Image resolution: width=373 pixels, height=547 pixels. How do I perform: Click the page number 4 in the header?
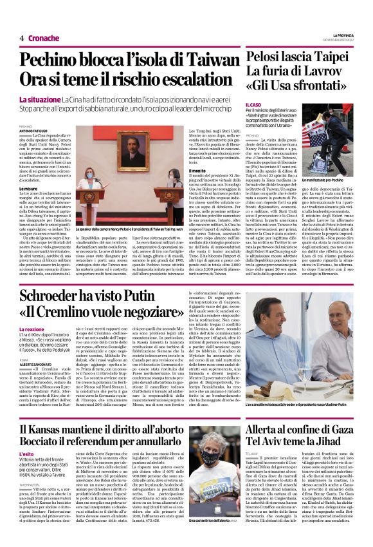[x=21, y=38]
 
